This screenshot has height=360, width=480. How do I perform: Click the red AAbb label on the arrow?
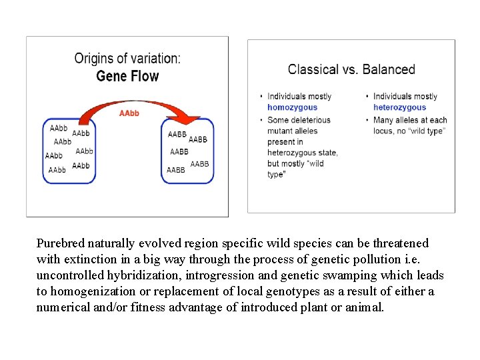pos(129,113)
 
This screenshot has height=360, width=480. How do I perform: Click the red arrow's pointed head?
pos(192,120)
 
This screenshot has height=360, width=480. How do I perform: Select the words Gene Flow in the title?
pos(127,76)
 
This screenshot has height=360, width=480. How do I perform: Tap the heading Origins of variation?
pos(127,59)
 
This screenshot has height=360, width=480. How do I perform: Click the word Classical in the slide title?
pos(312,69)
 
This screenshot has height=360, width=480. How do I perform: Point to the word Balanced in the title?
pos(389,69)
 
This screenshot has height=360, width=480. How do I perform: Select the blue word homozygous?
pos(292,107)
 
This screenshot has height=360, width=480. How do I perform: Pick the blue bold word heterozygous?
pos(399,107)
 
